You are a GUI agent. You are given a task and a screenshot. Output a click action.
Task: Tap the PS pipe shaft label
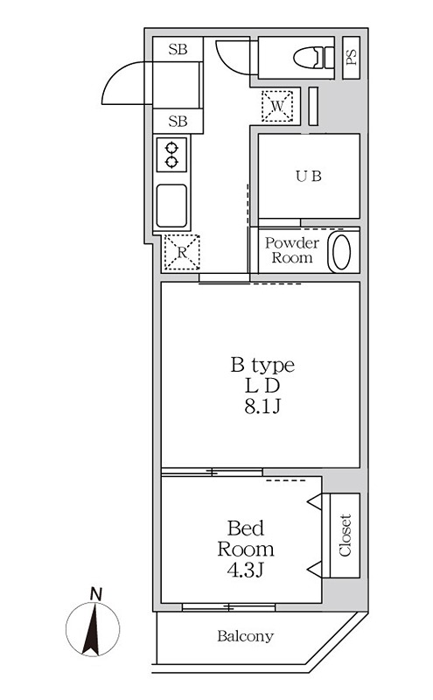point(352,56)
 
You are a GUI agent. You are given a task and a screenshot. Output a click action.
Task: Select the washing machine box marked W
point(277,106)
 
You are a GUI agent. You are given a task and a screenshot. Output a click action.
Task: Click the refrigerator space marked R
point(181,253)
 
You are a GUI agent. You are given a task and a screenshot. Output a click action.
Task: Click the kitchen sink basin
point(171,205)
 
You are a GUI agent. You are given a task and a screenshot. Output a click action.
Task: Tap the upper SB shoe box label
point(178,49)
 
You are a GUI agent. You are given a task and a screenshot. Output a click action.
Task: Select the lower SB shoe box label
point(178,122)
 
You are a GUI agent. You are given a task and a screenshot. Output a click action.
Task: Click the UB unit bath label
point(307,175)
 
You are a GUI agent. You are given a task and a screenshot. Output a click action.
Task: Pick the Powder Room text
point(292,250)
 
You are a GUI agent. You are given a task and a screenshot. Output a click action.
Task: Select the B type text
point(262,365)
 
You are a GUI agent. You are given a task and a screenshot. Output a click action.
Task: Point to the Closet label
point(345,535)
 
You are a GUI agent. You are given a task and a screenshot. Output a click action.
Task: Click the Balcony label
point(246,636)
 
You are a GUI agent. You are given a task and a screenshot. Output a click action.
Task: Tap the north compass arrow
point(90,632)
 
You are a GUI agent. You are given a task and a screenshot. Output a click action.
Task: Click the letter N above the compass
point(95,594)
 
